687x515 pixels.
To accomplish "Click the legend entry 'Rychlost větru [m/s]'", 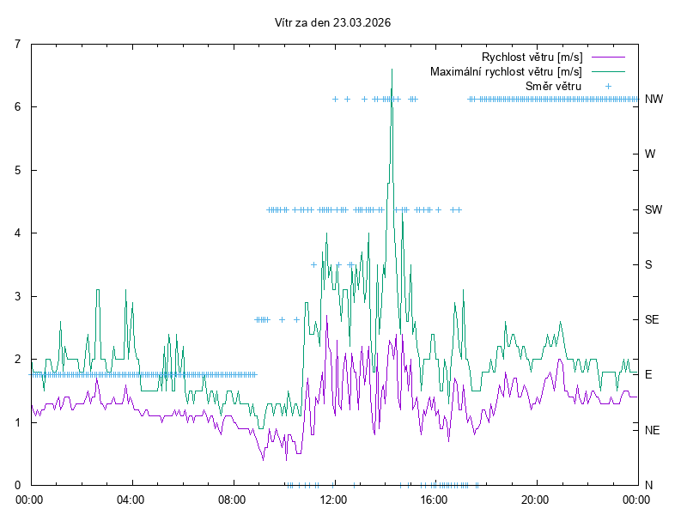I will tap(532, 57).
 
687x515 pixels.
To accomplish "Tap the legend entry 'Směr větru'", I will tap(553, 86).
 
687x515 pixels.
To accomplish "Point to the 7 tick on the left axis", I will tap(19, 44).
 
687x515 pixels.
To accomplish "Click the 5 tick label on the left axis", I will tap(19, 170).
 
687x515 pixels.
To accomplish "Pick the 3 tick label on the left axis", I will tap(19, 296).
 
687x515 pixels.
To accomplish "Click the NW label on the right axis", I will tap(654, 100).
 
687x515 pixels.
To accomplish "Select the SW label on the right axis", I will tap(654, 209).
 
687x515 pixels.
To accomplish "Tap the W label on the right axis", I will tap(650, 154).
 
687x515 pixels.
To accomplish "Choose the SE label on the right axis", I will tap(652, 319).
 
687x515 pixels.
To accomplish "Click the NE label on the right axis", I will tap(653, 429).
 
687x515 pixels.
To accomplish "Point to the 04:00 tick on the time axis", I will tap(131, 499).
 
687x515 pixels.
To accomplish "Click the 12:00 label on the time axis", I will tap(333, 499).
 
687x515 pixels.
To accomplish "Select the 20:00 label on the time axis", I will tap(535, 499).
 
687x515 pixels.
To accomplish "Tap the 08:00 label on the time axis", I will tap(232, 499).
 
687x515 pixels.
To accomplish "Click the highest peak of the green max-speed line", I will tap(392, 70).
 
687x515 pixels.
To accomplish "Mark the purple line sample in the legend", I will tap(607, 57).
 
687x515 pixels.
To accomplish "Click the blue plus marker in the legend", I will tap(607, 86).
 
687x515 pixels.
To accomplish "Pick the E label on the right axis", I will tap(648, 374).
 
